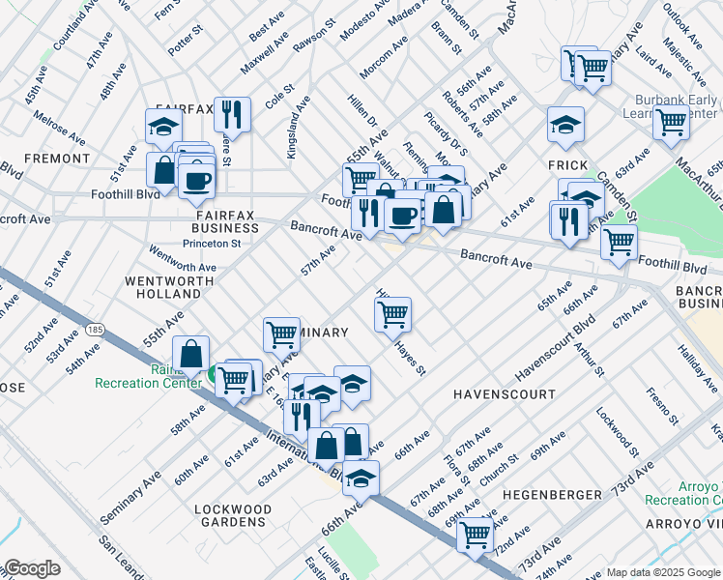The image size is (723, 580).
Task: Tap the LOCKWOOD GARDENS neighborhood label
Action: (230, 515)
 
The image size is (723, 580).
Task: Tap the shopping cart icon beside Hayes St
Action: (392, 312)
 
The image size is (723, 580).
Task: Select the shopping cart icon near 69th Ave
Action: (475, 533)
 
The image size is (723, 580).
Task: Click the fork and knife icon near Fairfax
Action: (231, 114)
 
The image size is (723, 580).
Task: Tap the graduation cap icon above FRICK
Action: (565, 124)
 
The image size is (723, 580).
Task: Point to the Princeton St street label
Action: (212, 244)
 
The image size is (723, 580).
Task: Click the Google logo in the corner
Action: (32, 568)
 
